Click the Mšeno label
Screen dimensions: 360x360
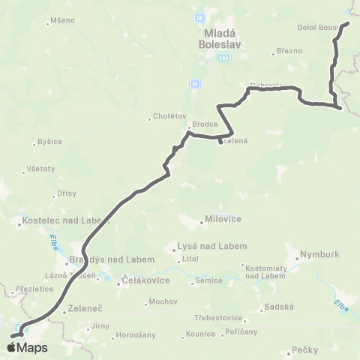click(x=61, y=20)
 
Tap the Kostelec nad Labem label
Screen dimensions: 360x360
click(x=63, y=223)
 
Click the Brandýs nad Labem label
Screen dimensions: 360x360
click(x=112, y=259)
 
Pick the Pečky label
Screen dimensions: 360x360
click(x=305, y=349)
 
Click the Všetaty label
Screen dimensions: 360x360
click(x=40, y=169)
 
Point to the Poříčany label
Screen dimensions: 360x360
click(x=242, y=330)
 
